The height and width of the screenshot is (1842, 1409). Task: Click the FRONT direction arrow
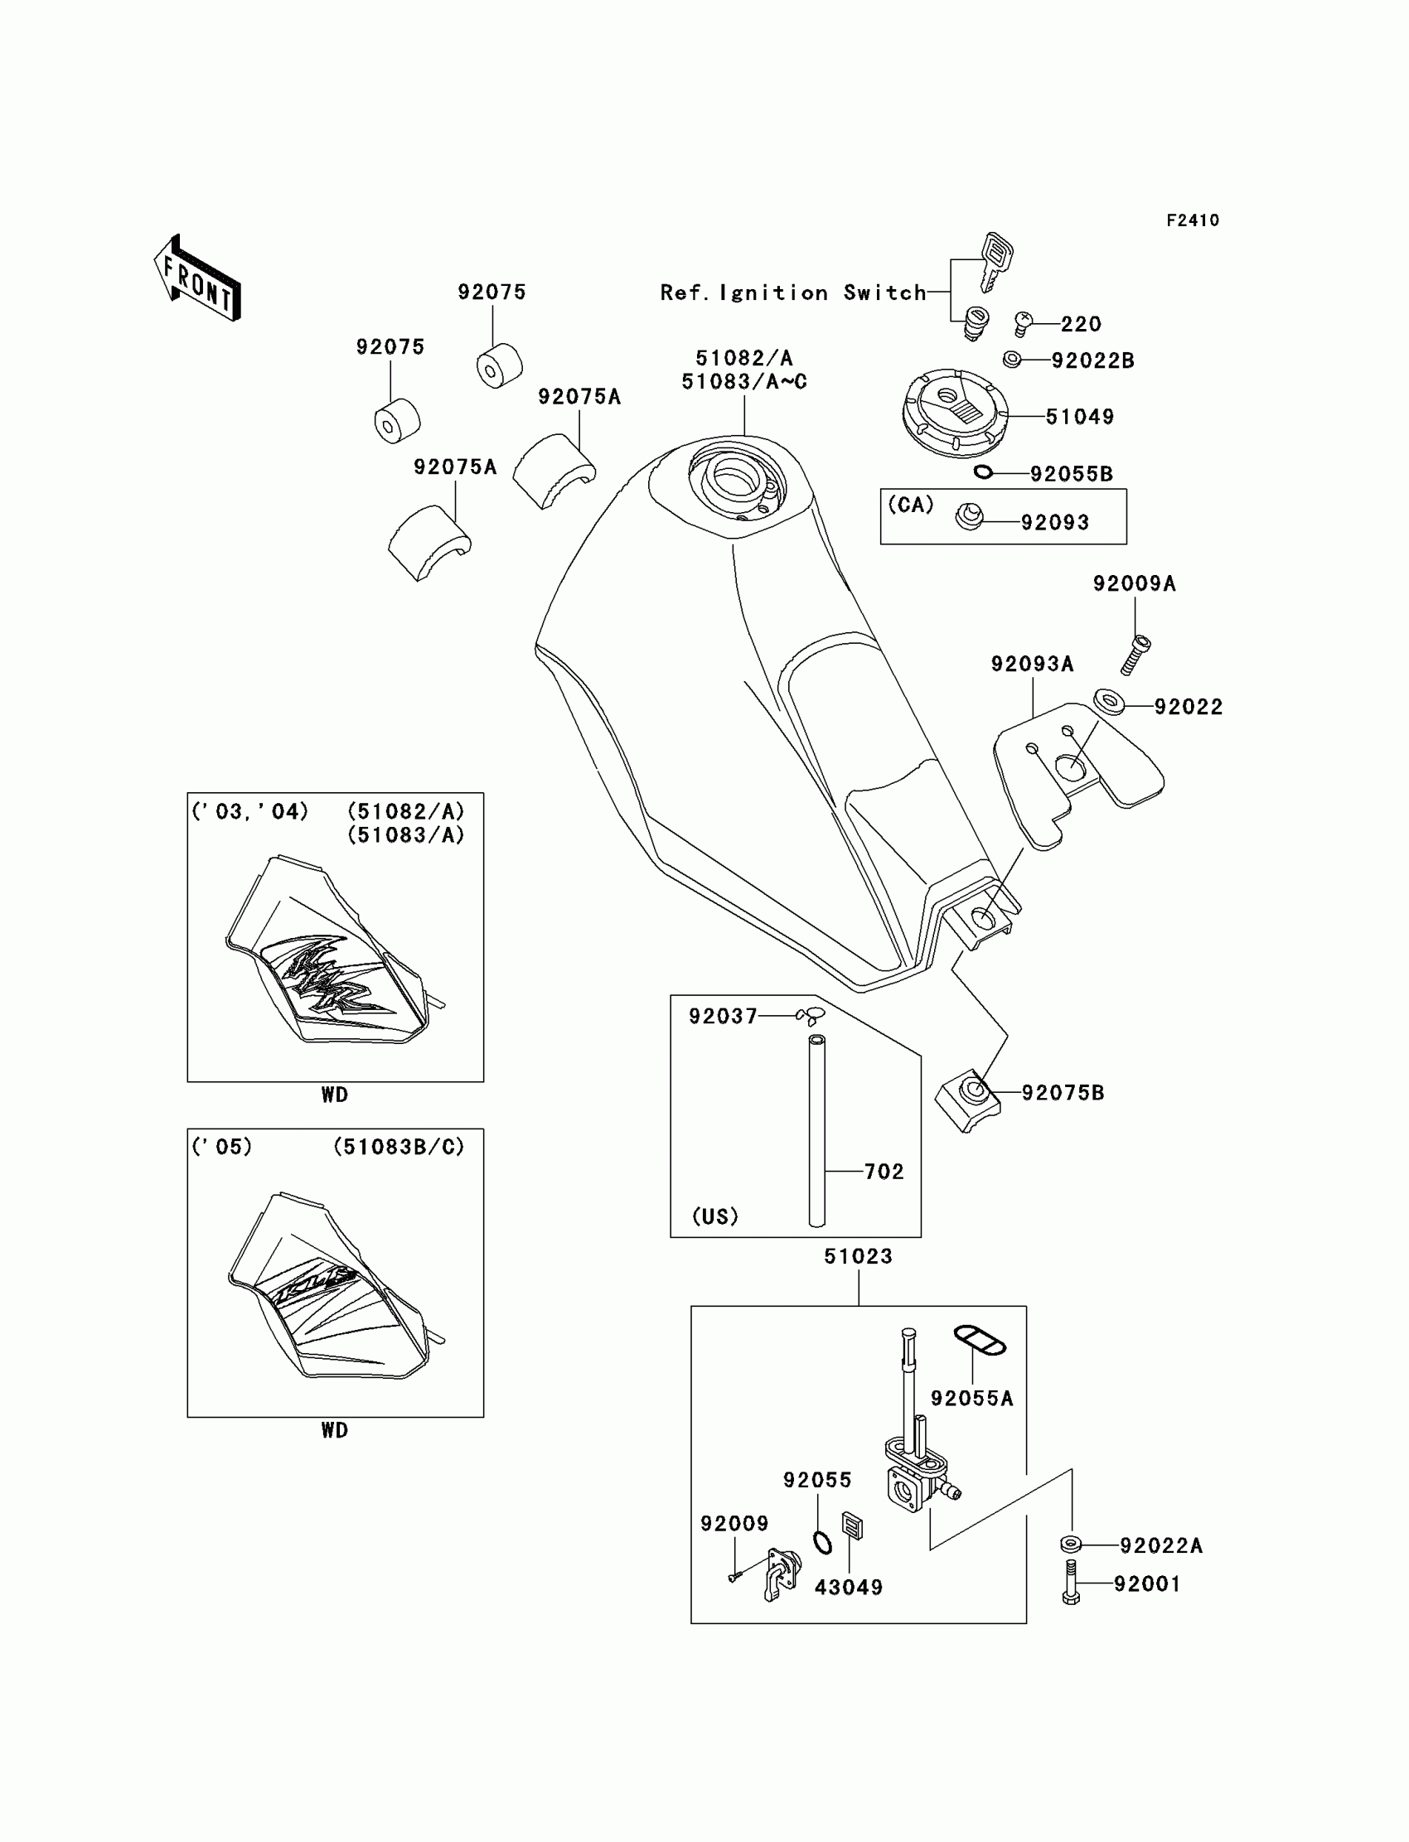tap(198, 279)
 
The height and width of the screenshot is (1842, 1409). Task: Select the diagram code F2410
tap(1192, 220)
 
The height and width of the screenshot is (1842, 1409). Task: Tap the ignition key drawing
tap(995, 259)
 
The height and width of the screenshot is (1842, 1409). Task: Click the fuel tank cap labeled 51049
tap(953, 412)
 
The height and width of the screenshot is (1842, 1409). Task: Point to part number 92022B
tap(1092, 360)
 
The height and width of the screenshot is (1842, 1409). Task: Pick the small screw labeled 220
tap(1023, 322)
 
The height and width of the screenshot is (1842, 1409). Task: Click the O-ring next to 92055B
tap(983, 472)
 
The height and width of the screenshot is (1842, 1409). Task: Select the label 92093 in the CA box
tap(1054, 522)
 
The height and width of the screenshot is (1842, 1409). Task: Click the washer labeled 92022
tap(1109, 700)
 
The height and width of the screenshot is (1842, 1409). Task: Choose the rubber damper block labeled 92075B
tap(968, 1100)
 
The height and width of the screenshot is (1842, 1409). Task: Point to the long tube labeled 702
tap(816, 1131)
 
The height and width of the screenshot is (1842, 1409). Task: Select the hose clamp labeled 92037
tap(812, 1015)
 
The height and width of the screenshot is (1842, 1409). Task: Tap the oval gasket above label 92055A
tap(979, 1339)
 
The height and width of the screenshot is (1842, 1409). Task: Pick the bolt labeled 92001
tap(1071, 1582)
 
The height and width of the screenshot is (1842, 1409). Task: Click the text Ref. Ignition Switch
tap(792, 292)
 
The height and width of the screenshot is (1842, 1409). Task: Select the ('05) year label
tap(221, 1146)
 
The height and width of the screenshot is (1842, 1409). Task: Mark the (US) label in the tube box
tap(714, 1216)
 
